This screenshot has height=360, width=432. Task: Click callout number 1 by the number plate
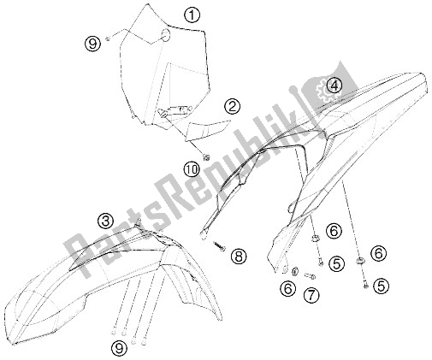pos(192,15)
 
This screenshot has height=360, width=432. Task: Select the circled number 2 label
pos(232,107)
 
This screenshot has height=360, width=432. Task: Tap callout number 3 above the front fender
pos(105,221)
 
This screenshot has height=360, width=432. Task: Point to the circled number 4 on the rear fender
pos(334,86)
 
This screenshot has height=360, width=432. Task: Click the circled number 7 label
pos(311,295)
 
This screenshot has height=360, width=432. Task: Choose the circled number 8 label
pos(239,256)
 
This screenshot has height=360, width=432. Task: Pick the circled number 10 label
pos(192,169)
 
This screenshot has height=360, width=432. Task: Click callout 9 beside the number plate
pos(93,44)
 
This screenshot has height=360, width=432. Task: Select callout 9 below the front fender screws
pos(119,348)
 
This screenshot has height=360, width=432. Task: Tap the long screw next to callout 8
pos(219,246)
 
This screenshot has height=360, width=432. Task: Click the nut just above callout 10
pos(206,156)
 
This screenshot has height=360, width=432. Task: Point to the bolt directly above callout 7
pos(309,275)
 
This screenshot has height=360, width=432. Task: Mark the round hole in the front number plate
pos(166,34)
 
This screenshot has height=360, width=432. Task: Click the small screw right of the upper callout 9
pos(108,38)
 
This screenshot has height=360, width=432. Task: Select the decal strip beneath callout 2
pos(207,129)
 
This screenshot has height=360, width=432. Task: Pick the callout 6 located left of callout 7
pos(288,289)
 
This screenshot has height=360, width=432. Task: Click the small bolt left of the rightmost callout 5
pos(366,285)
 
